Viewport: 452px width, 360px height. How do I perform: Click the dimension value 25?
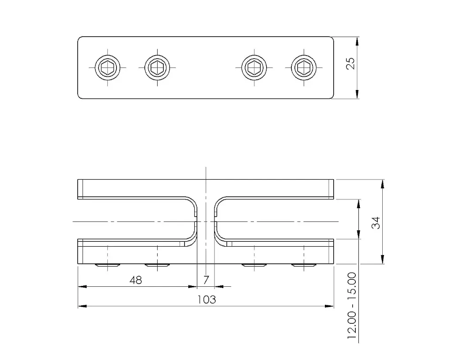[x=350, y=64]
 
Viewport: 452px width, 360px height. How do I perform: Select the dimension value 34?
[x=376, y=223]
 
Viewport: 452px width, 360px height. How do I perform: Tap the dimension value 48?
[x=136, y=280]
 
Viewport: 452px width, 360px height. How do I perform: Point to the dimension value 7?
[x=206, y=280]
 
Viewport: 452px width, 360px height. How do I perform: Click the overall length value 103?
[x=207, y=300]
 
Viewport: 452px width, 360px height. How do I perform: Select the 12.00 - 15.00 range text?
[x=352, y=306]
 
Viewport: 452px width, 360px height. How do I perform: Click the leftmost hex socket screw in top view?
[x=108, y=67]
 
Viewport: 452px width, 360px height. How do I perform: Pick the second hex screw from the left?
[x=157, y=67]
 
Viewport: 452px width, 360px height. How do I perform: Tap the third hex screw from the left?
[x=254, y=67]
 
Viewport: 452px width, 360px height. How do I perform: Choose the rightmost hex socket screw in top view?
[x=304, y=67]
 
